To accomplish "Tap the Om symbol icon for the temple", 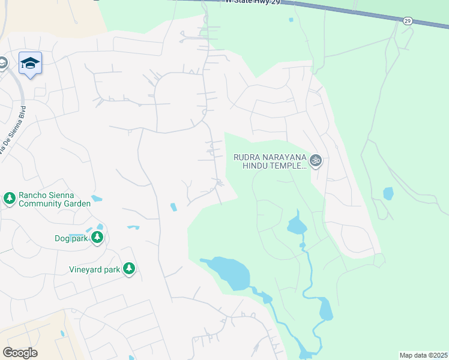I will click(x=316, y=160).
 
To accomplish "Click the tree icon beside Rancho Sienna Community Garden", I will click(x=9, y=198).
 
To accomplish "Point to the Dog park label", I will click(x=71, y=238).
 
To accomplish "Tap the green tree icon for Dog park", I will click(x=97, y=238).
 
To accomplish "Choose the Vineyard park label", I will click(x=94, y=270).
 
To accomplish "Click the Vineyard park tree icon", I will click(x=128, y=269).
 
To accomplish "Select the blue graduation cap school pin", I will click(x=30, y=63).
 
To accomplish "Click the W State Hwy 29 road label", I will click(x=252, y=2).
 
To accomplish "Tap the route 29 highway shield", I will click(x=408, y=21).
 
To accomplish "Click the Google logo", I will click(x=20, y=352).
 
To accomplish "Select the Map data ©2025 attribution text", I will click(x=423, y=355).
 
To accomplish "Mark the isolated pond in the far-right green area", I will click(x=388, y=193).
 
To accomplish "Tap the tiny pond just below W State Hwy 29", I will click(x=291, y=20).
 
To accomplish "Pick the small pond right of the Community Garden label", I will click(x=97, y=198).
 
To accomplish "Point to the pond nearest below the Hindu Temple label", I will click(x=297, y=224).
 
